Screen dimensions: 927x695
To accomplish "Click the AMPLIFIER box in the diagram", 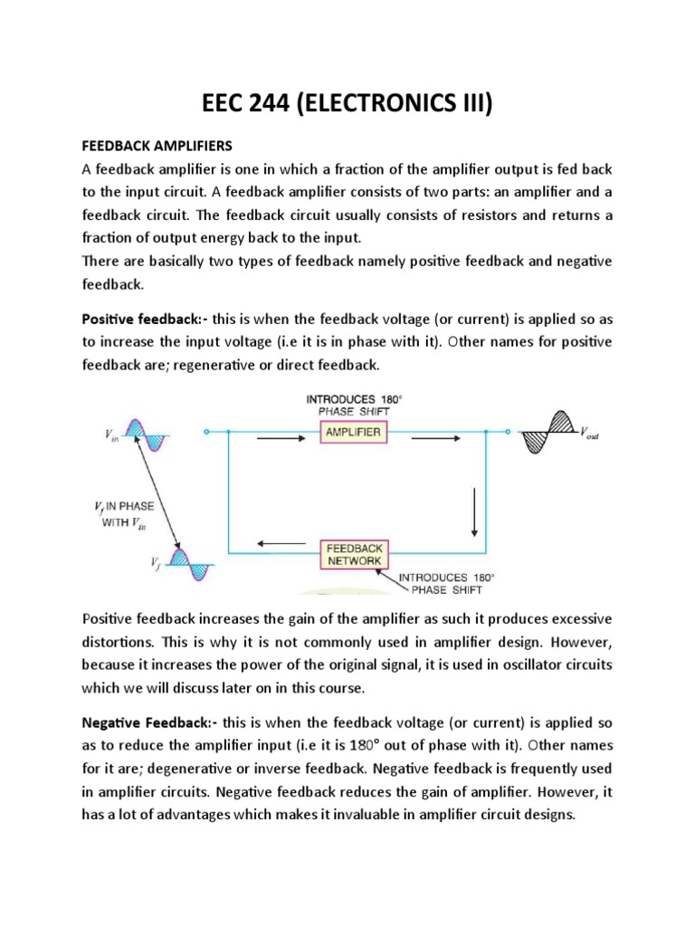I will (x=354, y=434).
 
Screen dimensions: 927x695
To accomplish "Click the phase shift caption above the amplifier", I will (x=354, y=405).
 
